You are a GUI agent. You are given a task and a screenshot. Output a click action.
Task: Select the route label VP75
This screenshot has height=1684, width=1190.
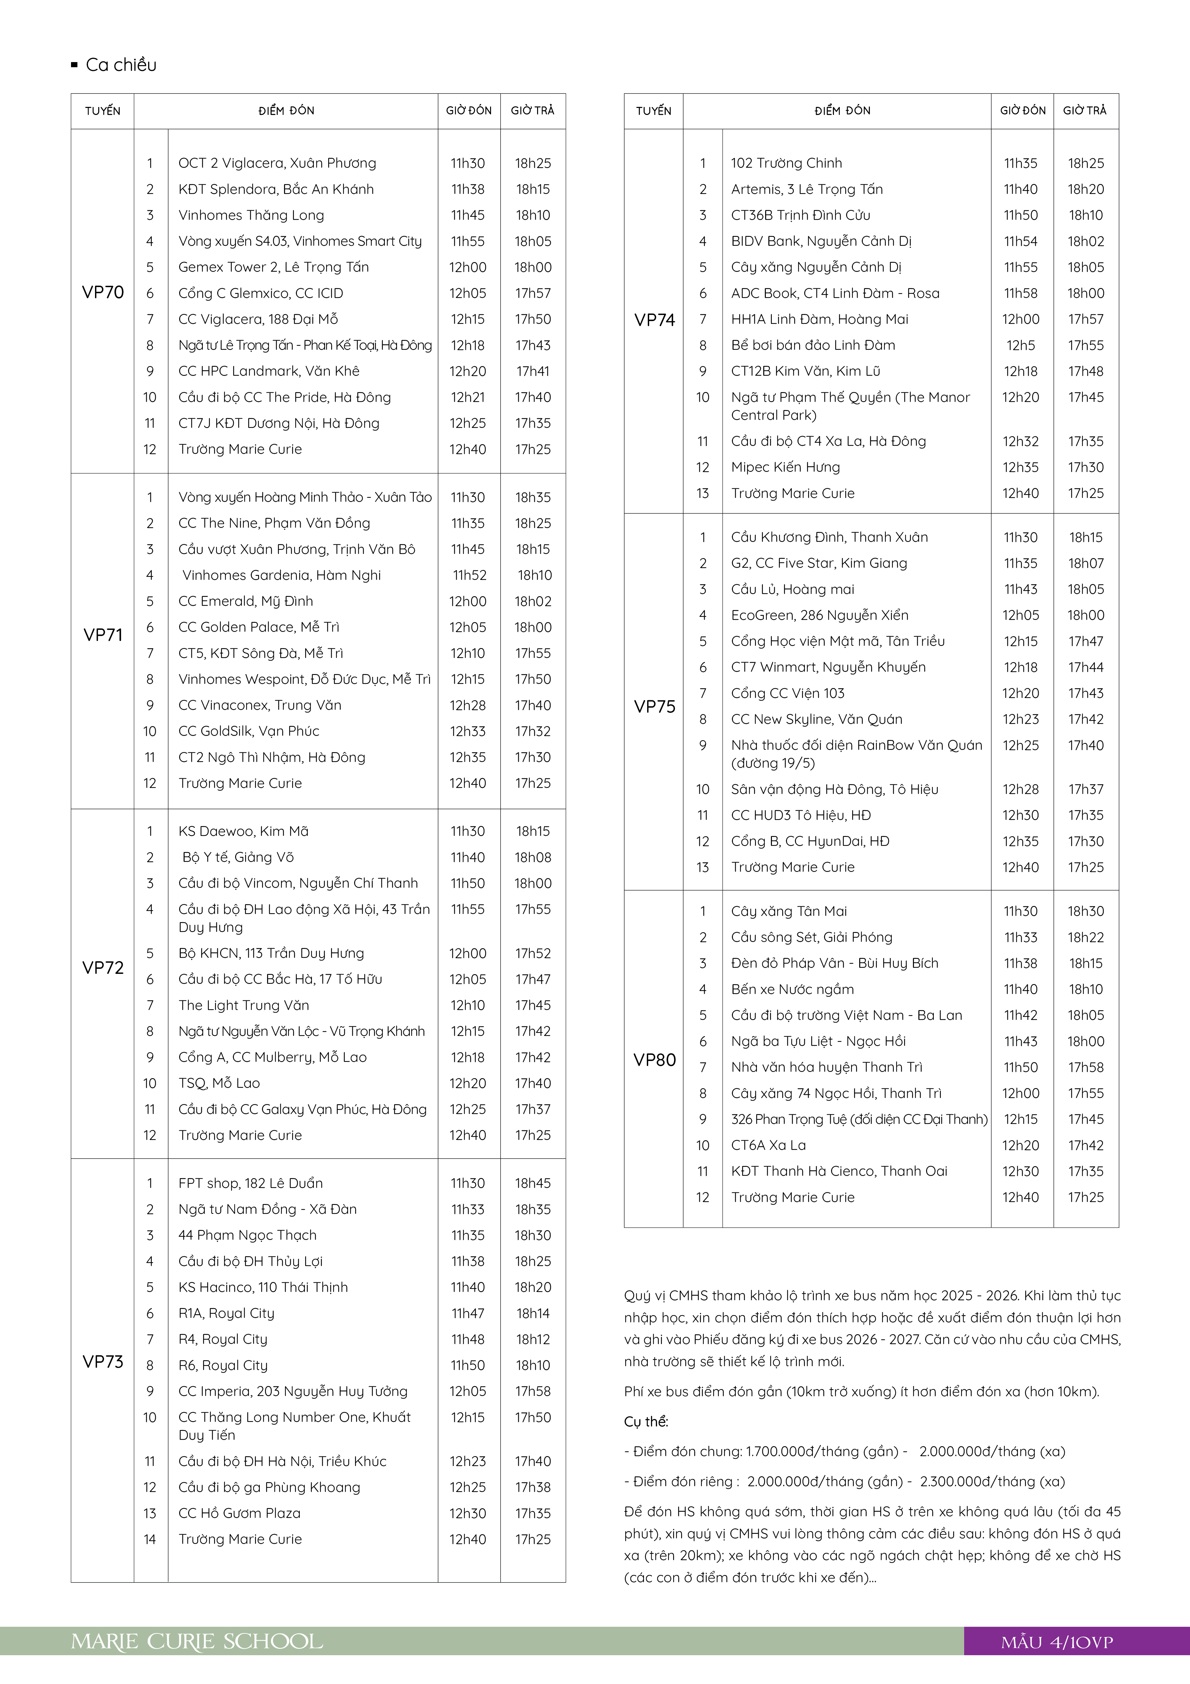point(654,706)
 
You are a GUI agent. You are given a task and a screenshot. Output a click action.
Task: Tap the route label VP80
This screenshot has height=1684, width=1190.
point(654,1060)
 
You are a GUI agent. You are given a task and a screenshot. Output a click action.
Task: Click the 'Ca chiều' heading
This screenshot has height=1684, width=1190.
point(121,65)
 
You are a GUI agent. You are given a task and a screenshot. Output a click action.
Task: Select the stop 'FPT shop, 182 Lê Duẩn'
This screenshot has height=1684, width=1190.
point(250,1183)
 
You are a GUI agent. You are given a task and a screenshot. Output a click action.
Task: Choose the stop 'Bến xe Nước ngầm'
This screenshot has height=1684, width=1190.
point(792,990)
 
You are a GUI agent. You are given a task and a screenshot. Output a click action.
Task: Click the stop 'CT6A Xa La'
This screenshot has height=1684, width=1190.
point(768,1145)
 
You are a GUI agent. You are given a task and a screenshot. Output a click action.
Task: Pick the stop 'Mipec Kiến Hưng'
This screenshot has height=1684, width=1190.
point(785,467)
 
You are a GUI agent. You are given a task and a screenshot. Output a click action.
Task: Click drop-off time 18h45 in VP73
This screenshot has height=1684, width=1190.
point(532,1183)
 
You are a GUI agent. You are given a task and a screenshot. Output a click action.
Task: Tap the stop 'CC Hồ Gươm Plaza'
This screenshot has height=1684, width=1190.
point(239,1513)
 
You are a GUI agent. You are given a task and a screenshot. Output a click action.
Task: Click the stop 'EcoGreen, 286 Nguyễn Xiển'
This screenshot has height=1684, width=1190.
point(819,615)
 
